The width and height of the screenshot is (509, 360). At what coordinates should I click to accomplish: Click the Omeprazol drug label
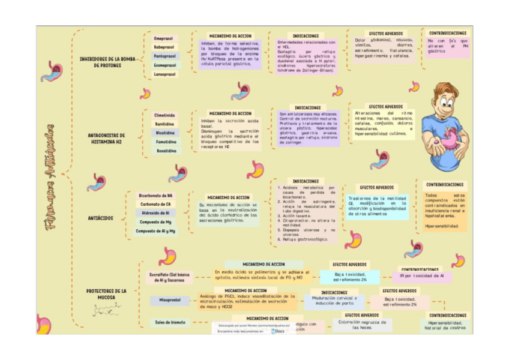(163, 38)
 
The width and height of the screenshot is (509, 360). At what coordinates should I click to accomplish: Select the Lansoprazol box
(164, 74)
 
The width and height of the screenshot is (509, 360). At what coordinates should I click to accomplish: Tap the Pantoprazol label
(164, 56)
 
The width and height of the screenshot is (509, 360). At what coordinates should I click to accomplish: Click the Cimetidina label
(164, 115)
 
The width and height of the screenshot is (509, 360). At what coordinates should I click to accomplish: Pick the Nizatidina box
(164, 133)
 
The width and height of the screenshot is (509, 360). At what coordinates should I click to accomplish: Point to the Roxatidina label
(164, 151)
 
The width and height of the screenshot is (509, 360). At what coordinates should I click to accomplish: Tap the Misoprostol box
(170, 299)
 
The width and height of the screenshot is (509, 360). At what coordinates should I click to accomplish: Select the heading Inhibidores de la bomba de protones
(107, 62)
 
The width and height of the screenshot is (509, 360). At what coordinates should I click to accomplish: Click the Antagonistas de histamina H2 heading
(106, 139)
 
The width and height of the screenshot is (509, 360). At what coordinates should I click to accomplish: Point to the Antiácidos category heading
(100, 218)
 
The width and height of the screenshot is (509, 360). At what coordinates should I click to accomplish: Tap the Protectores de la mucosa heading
(106, 294)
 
